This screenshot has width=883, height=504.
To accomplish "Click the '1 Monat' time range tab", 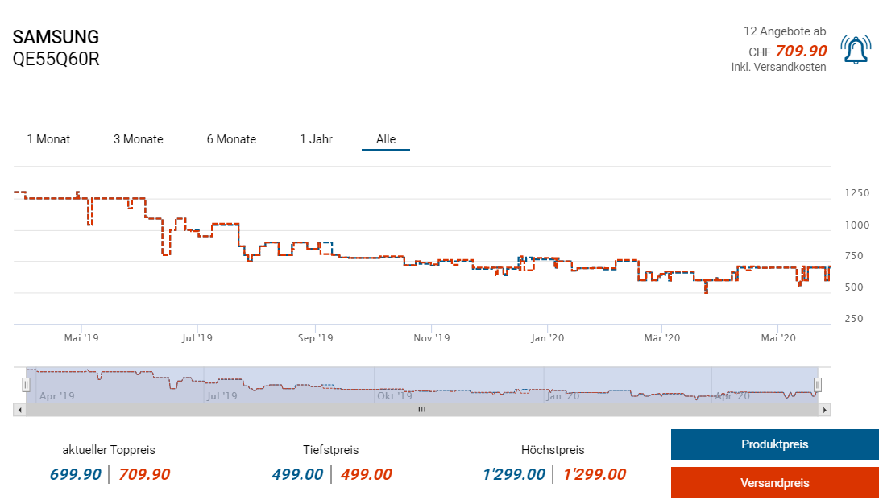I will click(x=48, y=139).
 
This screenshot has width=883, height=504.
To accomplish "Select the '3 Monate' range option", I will click(x=138, y=139).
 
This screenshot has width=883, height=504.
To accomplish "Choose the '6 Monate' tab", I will click(x=231, y=139).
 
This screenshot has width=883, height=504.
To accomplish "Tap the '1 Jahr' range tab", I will click(x=316, y=139).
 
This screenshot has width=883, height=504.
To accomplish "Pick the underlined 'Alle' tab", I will click(x=386, y=139).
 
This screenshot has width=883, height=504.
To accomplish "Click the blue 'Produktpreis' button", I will click(x=774, y=444).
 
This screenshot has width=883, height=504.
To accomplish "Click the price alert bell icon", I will click(x=855, y=49).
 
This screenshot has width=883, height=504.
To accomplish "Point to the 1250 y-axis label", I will click(x=856, y=193).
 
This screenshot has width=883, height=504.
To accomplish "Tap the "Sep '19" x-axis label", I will click(x=316, y=338).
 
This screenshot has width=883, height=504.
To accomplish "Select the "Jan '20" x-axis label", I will click(x=547, y=338).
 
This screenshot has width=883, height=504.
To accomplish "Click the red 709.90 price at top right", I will click(x=801, y=51).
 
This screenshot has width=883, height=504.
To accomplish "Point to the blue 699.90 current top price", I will click(x=76, y=474).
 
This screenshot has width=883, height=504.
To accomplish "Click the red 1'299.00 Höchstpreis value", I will click(x=594, y=474).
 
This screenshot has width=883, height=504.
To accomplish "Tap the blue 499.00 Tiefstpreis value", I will click(x=297, y=474).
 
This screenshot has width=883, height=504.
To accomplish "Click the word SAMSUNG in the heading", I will click(x=56, y=37).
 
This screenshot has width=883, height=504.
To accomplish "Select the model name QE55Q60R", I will click(x=56, y=59).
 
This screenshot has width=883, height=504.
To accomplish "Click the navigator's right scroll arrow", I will click(x=824, y=410).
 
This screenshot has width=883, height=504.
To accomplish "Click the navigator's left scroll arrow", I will click(x=19, y=410).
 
